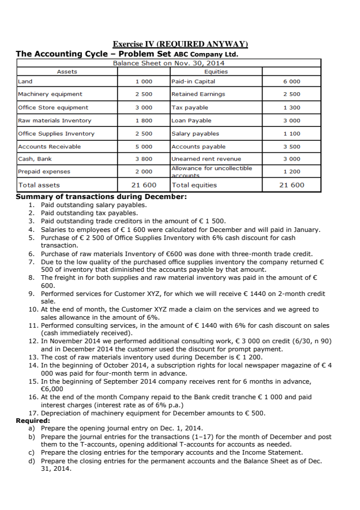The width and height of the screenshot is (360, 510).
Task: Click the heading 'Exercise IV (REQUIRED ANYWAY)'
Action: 180,44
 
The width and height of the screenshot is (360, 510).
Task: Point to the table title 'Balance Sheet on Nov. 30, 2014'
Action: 168,63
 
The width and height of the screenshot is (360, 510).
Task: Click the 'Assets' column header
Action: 67,72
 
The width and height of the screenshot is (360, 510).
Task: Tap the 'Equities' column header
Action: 216,72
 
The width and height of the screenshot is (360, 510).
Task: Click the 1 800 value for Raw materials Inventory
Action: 144,121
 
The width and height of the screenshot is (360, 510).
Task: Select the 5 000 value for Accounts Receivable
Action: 144,147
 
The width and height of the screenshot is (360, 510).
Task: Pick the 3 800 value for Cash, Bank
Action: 144,159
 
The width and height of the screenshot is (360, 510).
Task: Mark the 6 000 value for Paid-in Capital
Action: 291,81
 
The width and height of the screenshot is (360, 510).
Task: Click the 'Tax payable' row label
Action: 190,107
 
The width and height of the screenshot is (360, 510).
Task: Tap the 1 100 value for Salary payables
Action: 291,133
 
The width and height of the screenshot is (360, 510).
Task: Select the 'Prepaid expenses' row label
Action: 44,171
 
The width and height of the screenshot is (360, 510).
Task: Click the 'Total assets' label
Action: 39,185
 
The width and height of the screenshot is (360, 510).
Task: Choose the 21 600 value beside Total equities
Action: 291,185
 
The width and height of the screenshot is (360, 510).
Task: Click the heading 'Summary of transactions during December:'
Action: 101,197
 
